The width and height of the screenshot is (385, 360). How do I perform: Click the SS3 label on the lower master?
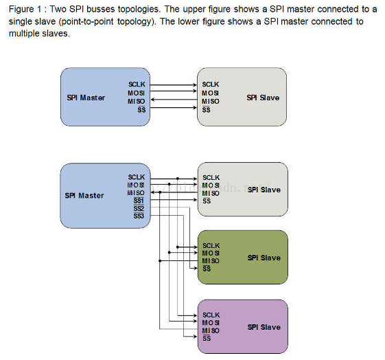point(139,216)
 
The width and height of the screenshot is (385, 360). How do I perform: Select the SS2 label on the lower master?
point(139,209)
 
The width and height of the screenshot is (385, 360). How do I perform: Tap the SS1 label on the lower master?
point(139,201)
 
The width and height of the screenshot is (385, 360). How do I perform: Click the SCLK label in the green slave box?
point(211,245)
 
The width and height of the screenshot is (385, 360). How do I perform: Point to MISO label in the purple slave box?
point(211,330)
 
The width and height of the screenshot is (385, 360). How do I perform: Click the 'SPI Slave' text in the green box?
point(264,258)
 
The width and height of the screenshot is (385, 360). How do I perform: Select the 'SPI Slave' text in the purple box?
point(264,327)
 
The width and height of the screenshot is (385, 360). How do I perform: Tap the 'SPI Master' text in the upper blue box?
point(86,98)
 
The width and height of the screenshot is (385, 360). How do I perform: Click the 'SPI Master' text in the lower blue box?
point(84,195)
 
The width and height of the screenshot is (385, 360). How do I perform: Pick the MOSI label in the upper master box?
point(137,93)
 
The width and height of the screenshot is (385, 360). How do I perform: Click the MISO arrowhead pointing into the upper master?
point(152,100)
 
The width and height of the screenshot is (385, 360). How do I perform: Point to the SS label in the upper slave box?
point(207,110)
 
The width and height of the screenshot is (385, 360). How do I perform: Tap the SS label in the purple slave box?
point(207,338)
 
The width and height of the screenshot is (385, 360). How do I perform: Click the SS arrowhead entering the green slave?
point(196,268)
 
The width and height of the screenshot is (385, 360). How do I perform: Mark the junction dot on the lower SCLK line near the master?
point(178,179)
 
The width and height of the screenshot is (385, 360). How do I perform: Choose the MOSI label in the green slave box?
point(211,253)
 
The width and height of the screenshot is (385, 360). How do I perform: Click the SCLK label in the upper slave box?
point(211,85)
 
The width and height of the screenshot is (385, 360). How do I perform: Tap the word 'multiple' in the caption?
point(23,34)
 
